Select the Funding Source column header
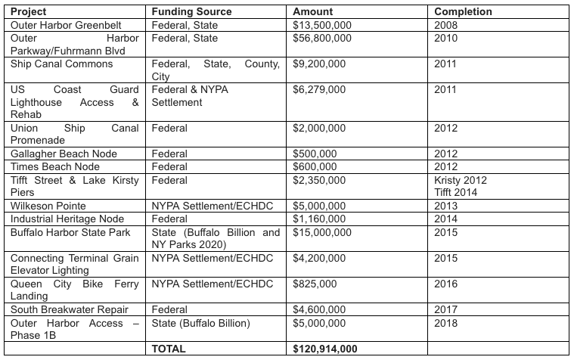[x=191, y=12]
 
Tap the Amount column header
[x=313, y=12]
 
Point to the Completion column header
[x=463, y=12]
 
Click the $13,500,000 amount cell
[x=323, y=25]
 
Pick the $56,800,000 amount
[x=323, y=38]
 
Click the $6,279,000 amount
[x=319, y=89]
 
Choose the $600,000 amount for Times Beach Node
[x=315, y=167]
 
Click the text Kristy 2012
[x=461, y=180]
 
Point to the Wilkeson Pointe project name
[x=48, y=206]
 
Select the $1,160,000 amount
[x=319, y=219]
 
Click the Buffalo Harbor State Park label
[x=71, y=231]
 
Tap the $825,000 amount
[x=315, y=284]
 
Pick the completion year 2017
[x=446, y=309]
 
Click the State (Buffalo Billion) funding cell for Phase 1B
[x=200, y=323]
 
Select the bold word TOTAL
[x=169, y=349]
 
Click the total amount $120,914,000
[x=325, y=349]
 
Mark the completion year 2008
[x=446, y=25]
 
